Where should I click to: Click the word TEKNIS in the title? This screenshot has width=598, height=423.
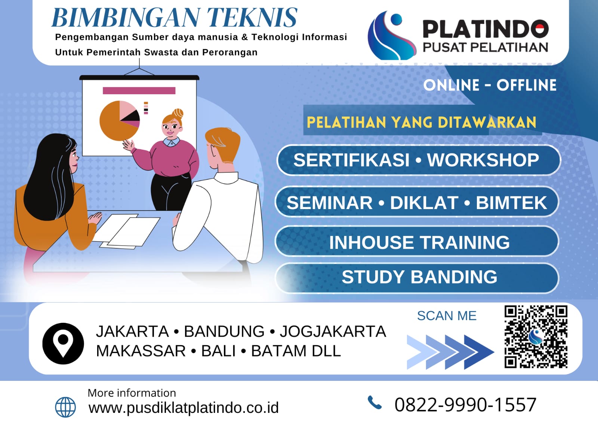252,18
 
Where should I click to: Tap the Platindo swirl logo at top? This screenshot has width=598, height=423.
392,35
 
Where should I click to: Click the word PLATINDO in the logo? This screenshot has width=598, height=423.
486,29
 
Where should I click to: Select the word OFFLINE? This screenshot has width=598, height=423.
526,85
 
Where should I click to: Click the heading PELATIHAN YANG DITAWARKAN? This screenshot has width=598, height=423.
421,122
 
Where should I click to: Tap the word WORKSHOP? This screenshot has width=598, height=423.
483,160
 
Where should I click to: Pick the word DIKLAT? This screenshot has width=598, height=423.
424,203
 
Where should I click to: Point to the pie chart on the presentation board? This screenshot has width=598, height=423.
120,120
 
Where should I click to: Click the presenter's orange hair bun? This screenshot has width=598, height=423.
178,114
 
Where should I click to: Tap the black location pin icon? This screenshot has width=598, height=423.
63,343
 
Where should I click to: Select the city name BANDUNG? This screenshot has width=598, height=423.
224,331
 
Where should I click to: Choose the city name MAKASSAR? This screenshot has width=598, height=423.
141,351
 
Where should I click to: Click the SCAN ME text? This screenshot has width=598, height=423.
447,316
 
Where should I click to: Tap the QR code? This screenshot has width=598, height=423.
536,337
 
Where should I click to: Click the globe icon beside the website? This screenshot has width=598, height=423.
65,407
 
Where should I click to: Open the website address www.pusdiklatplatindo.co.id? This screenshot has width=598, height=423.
184,408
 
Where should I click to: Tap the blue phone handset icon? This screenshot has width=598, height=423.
375,402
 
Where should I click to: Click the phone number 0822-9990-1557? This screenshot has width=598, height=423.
466,405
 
